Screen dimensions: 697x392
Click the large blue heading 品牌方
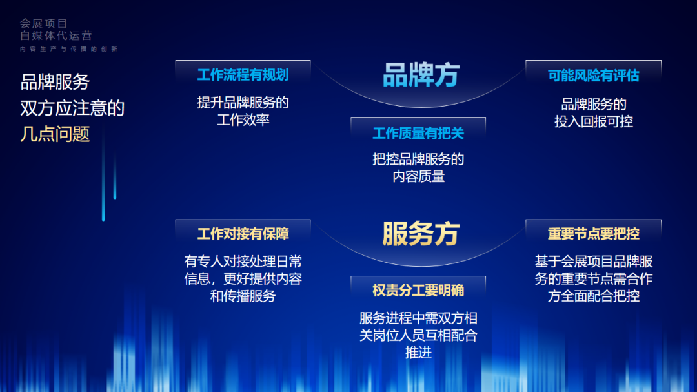(x=421, y=75)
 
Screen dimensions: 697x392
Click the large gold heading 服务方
(x=421, y=234)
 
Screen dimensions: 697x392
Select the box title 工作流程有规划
(x=243, y=75)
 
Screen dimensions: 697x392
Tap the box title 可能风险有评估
(x=594, y=76)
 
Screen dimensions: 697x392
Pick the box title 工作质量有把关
(x=418, y=133)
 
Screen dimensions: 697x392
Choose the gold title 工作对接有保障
(x=243, y=234)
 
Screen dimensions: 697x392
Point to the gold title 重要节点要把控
(x=594, y=234)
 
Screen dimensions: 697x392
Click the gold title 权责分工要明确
(x=418, y=290)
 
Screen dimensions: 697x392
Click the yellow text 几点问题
(x=55, y=134)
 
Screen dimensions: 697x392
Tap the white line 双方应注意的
(x=72, y=108)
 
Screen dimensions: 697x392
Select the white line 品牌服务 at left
(x=55, y=82)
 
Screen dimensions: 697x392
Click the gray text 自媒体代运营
(x=56, y=36)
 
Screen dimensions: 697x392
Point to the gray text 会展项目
(x=44, y=23)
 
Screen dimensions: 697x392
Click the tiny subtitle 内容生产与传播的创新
(x=68, y=49)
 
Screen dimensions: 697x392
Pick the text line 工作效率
(x=243, y=119)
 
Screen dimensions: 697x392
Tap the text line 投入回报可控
(x=594, y=121)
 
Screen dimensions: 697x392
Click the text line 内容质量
(x=418, y=177)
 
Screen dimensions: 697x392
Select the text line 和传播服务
(x=243, y=296)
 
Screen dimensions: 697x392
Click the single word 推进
(x=418, y=353)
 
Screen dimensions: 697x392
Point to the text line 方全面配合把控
(x=594, y=296)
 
